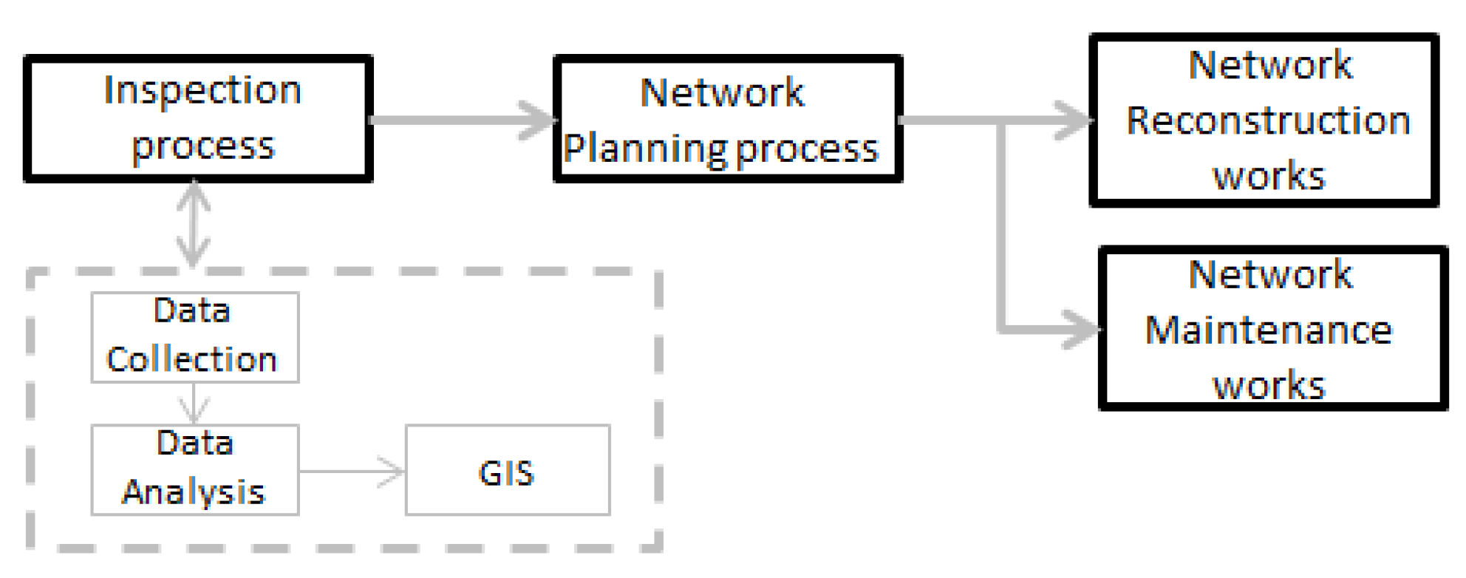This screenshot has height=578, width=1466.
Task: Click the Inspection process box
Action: click(198, 118)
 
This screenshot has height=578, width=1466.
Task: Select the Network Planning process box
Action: click(727, 118)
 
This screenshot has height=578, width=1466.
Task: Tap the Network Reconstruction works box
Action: click(1264, 120)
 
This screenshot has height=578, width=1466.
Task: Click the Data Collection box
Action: click(194, 337)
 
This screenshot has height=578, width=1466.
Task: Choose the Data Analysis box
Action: click(194, 469)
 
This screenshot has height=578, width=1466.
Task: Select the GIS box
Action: click(508, 470)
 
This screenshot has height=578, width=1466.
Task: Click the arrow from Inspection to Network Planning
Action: click(462, 120)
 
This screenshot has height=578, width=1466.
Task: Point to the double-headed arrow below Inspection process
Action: click(193, 223)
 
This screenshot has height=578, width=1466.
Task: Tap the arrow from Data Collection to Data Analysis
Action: click(194, 404)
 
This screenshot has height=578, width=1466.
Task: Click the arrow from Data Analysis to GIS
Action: click(352, 471)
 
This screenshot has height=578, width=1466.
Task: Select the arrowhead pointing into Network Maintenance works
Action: click(1082, 329)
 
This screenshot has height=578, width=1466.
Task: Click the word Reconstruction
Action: click(1268, 121)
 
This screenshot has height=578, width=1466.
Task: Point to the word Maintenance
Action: click(1268, 330)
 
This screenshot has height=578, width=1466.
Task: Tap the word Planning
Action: click(644, 149)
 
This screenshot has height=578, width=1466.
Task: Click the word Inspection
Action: click(202, 91)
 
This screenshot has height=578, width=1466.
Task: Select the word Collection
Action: click(191, 360)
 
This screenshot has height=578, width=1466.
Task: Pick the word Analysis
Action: click(194, 492)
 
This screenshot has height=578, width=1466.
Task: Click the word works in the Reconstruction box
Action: click(1269, 177)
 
